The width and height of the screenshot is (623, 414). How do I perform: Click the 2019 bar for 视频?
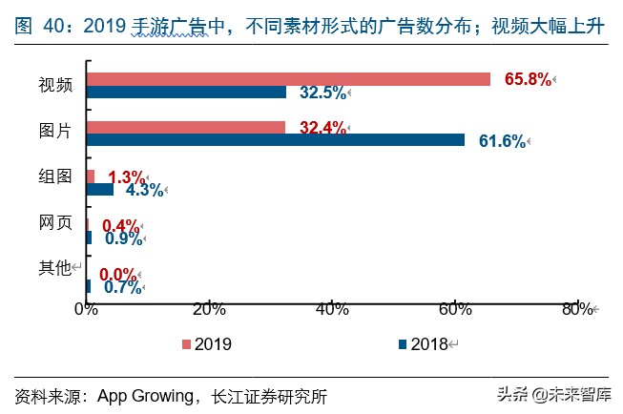coord(288,79)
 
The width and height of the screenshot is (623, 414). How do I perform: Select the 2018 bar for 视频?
coord(186,93)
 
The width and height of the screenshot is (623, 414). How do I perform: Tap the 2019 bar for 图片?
coord(185,127)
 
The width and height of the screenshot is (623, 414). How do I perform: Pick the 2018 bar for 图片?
coord(276,140)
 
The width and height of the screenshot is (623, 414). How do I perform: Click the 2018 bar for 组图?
coord(99,189)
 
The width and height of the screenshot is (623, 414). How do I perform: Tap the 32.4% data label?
coord(320,127)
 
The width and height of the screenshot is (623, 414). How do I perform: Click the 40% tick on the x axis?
coord(331,309)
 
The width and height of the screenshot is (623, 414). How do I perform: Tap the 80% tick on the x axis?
coord(576,309)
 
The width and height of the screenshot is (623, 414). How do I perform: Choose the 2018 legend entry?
coord(423,343)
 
